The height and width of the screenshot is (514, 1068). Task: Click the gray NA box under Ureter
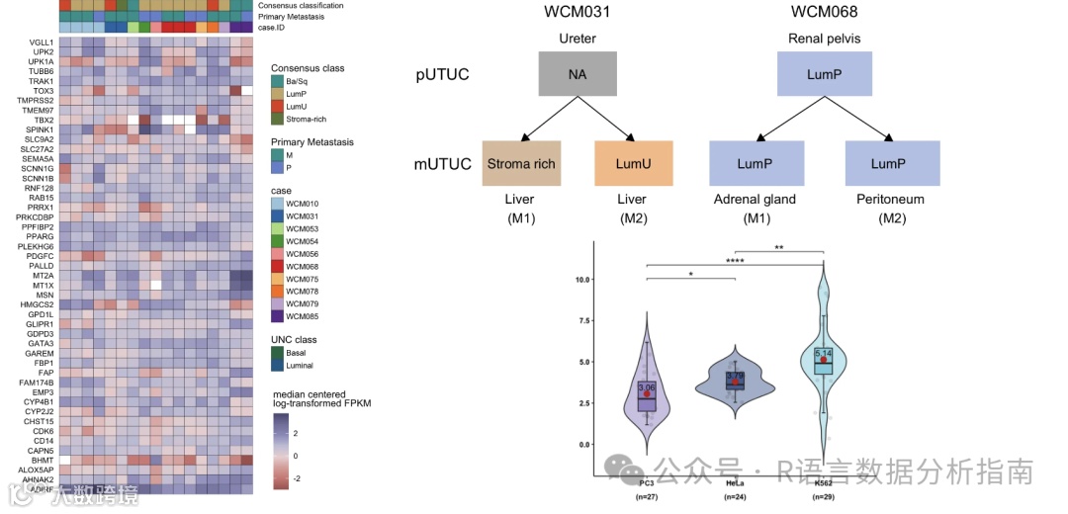click(578, 74)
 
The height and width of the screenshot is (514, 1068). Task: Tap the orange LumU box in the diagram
click(633, 164)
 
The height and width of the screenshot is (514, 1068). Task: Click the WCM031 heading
click(578, 12)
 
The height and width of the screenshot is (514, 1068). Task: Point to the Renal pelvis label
click(825, 40)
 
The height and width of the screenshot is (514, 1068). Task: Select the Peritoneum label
click(891, 200)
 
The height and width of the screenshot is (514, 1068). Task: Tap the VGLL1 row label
click(42, 43)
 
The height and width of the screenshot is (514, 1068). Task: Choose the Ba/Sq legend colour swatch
click(278, 81)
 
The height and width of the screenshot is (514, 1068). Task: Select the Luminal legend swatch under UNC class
click(278, 366)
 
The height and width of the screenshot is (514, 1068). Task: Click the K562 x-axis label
click(823, 481)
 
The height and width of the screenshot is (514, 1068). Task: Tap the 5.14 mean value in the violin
click(823, 353)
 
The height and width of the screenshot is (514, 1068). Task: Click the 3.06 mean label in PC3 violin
click(647, 387)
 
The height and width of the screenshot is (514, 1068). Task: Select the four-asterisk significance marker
click(736, 261)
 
